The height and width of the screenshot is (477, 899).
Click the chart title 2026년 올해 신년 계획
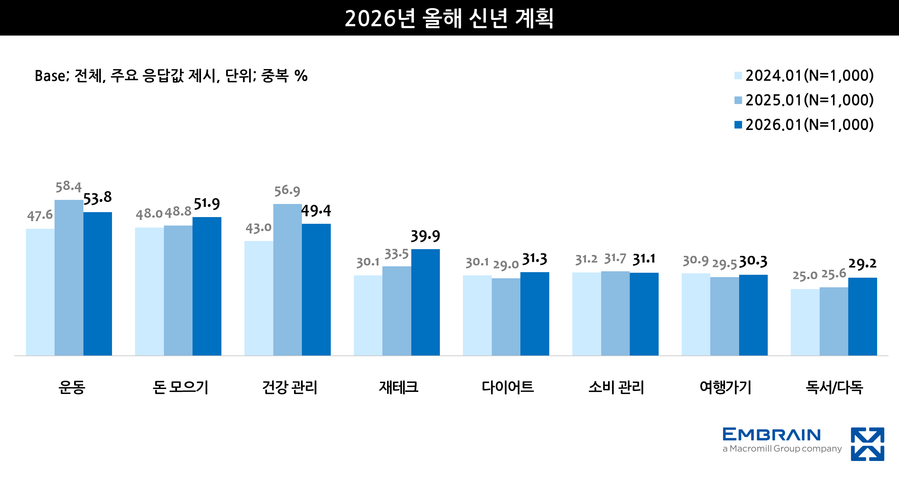pos(449,18)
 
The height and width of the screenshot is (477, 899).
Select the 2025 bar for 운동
pos(69,278)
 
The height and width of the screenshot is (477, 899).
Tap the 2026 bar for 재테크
pos(425,302)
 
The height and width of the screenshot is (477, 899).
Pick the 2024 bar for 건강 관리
pos(259,298)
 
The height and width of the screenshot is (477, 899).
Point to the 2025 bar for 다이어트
pos(506,317)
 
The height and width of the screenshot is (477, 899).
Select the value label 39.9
pos(425,236)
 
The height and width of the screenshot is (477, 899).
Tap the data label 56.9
pos(287,191)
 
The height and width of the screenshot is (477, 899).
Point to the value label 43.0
pos(258,228)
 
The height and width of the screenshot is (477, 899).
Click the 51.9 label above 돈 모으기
pos(207,204)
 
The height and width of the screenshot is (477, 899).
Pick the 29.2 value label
pos(862,264)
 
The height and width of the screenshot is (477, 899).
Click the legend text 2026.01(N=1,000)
pos(809,125)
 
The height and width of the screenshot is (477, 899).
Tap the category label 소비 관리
pos(616,387)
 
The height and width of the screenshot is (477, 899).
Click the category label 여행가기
pos(725,387)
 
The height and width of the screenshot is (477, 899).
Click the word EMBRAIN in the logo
pos(771,434)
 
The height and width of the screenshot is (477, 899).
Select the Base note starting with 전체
pos(171,76)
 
